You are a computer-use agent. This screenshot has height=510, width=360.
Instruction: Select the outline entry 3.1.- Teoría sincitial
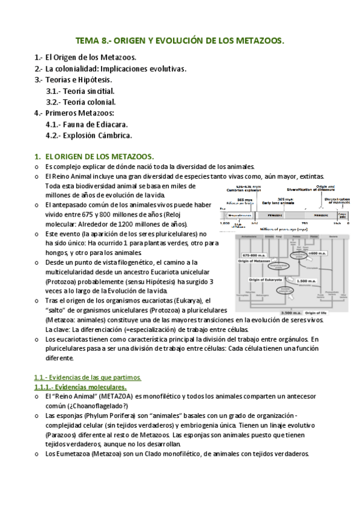pos(80,91)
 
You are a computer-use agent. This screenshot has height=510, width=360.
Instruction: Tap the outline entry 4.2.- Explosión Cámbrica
pos(88,135)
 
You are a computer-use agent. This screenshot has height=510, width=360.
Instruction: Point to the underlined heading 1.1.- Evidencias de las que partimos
pos(87,377)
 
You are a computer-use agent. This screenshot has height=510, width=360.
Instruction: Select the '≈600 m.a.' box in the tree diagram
pos(316,254)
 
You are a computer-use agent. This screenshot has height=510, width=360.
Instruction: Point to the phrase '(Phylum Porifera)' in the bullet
pos(103,416)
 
